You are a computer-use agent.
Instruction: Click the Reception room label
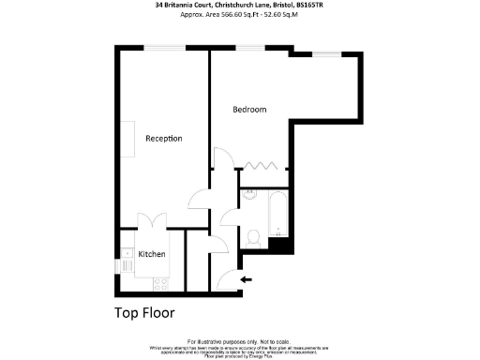(163, 139)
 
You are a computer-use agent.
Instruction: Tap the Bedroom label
(249, 110)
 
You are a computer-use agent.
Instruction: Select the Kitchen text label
(152, 254)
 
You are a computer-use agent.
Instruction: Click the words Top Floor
(144, 312)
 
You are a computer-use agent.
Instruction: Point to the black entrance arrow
(247, 279)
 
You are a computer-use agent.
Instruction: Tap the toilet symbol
(253, 236)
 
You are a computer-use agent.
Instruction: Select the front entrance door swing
(225, 278)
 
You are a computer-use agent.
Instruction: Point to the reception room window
(164, 48)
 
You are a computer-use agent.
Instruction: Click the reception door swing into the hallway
(200, 199)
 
